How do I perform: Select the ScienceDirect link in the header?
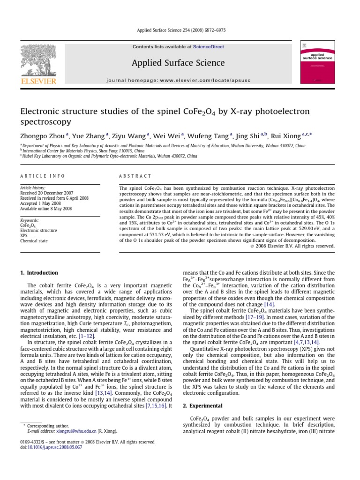click(205, 47)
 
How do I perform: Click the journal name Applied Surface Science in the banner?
click(178, 63)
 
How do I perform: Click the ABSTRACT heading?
click(135, 176)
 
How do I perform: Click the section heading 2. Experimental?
click(202, 405)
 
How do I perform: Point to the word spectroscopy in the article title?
click(45, 122)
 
